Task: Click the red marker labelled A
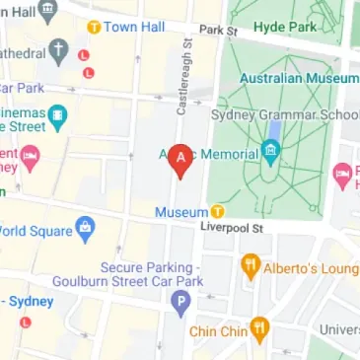click(x=180, y=159)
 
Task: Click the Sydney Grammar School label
click(x=285, y=113)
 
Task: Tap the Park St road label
click(x=219, y=31)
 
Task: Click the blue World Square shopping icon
click(x=85, y=232)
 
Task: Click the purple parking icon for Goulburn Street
click(x=180, y=305)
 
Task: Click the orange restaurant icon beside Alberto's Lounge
click(x=251, y=265)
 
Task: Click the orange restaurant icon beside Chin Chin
click(x=259, y=327)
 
